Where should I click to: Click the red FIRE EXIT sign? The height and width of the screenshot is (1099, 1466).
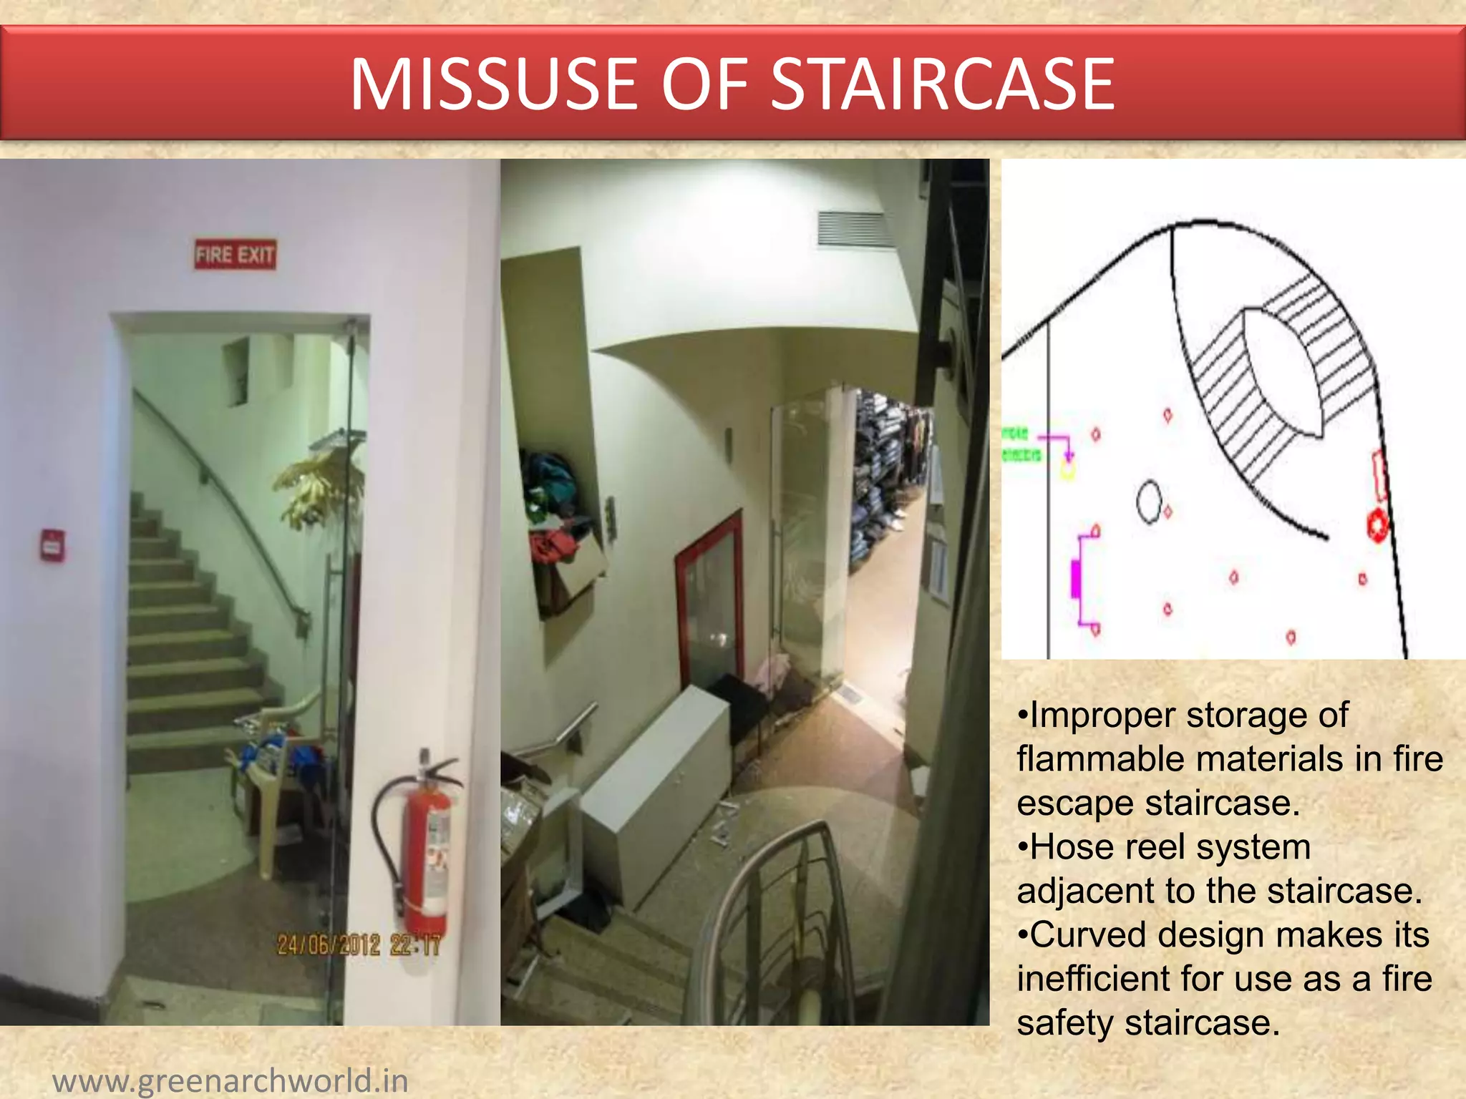(x=235, y=255)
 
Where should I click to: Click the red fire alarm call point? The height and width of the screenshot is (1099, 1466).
(x=52, y=545)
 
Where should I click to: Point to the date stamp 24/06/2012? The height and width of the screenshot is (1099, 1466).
(x=329, y=944)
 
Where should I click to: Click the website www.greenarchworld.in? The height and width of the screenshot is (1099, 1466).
(x=230, y=1080)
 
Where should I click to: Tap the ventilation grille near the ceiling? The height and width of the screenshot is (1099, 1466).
(x=855, y=229)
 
